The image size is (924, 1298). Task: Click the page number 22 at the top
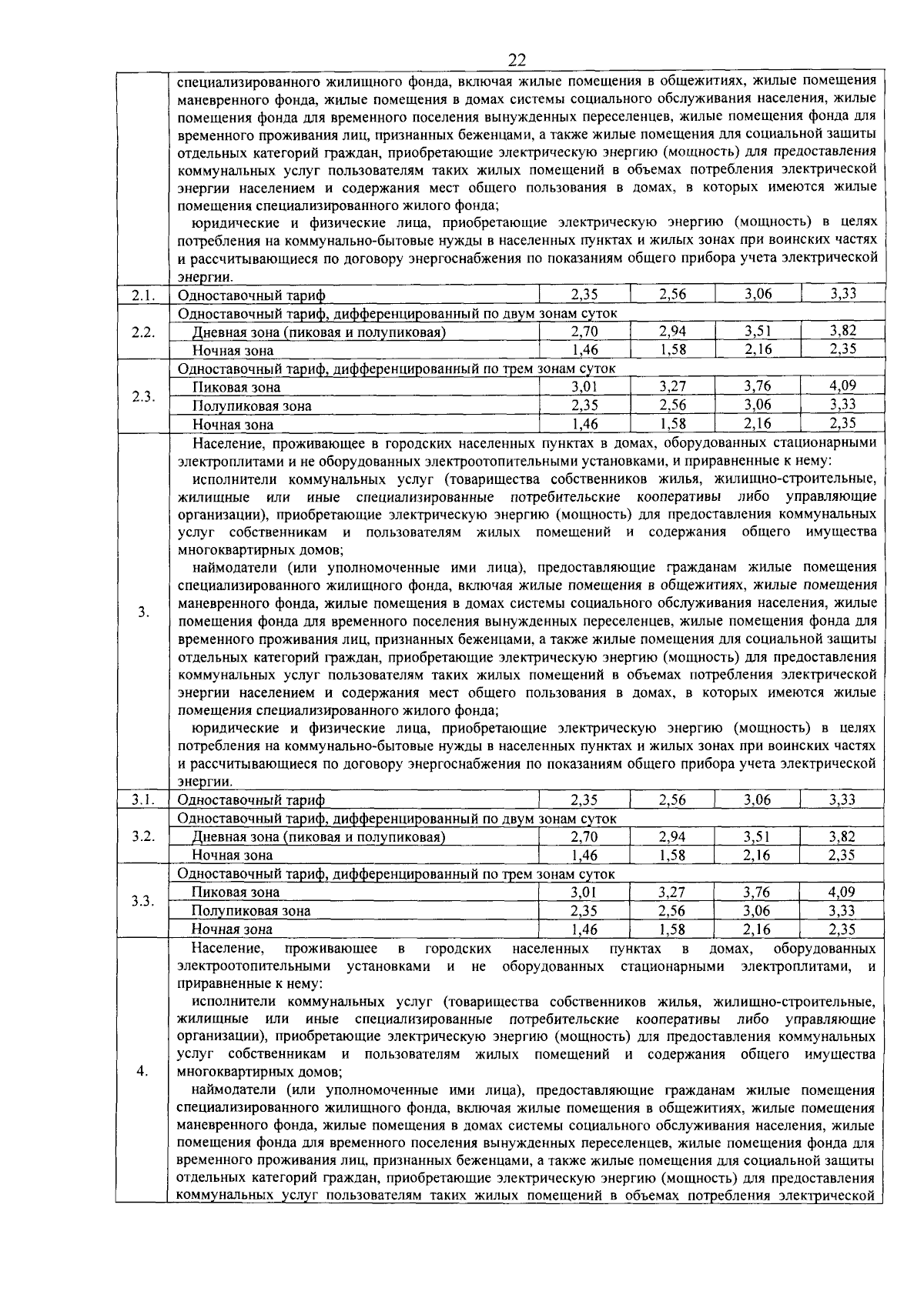[516, 61]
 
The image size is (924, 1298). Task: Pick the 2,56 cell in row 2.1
[672, 294]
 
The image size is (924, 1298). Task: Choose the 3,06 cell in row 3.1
[758, 799]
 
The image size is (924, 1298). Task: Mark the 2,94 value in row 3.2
[672, 836]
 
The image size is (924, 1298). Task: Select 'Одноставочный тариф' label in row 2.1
[252, 295]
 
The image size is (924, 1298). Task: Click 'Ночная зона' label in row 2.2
[233, 351]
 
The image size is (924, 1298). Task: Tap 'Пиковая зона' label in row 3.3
[236, 893]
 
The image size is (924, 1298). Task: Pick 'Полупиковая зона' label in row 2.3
[252, 405]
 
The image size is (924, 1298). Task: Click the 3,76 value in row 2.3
[758, 386]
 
